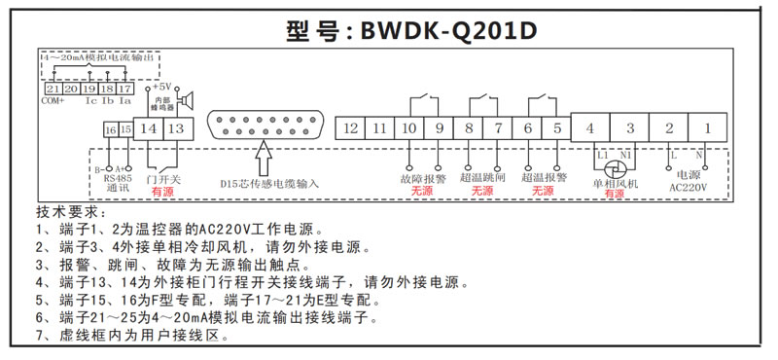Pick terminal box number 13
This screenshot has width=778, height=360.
175,127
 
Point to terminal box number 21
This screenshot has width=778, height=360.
53,89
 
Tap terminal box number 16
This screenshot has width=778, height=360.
110,130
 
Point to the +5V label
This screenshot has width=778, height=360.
162,86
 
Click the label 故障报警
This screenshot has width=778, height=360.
422,180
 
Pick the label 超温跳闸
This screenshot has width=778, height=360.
482,180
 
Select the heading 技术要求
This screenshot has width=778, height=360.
68,212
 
